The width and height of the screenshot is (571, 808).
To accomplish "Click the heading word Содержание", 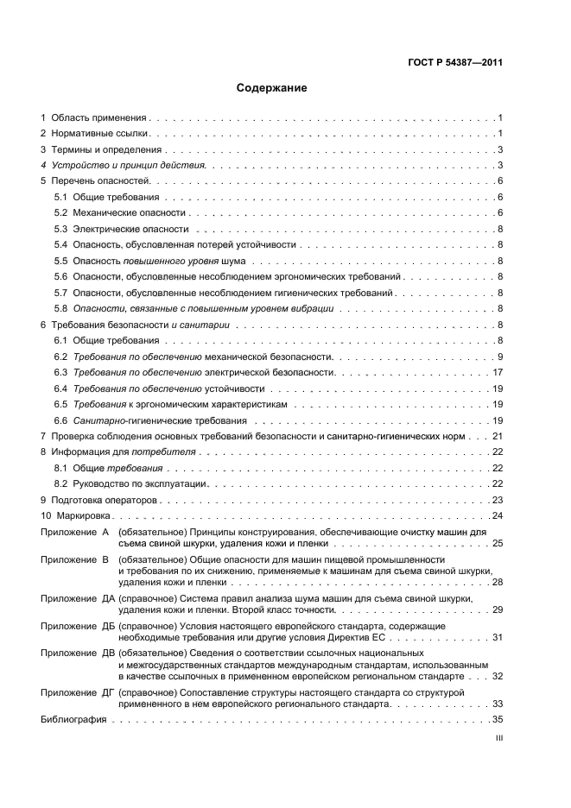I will coord(271,88).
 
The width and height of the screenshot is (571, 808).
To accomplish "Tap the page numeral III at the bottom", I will coord(498,739).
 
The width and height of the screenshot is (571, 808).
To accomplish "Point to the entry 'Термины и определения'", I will coord(105,150).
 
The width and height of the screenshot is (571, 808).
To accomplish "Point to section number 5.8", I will coord(60,308).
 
